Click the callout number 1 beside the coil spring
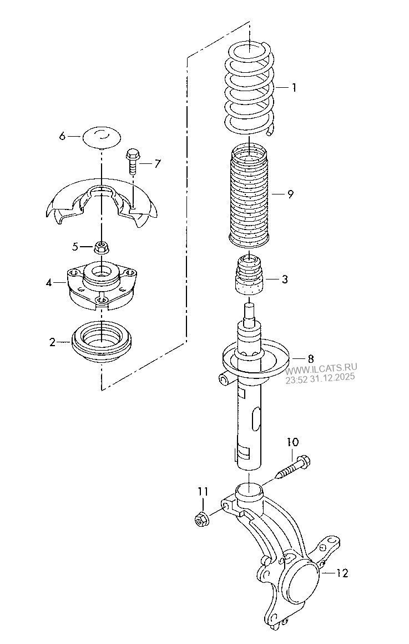click(x=294, y=87)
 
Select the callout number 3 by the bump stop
click(x=284, y=279)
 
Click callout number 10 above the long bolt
click(x=292, y=442)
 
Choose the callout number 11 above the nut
click(x=203, y=491)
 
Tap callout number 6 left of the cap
click(x=62, y=136)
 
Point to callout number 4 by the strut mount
click(x=49, y=283)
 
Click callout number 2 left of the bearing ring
click(x=52, y=342)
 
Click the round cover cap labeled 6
click(x=102, y=137)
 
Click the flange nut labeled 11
click(x=200, y=520)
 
